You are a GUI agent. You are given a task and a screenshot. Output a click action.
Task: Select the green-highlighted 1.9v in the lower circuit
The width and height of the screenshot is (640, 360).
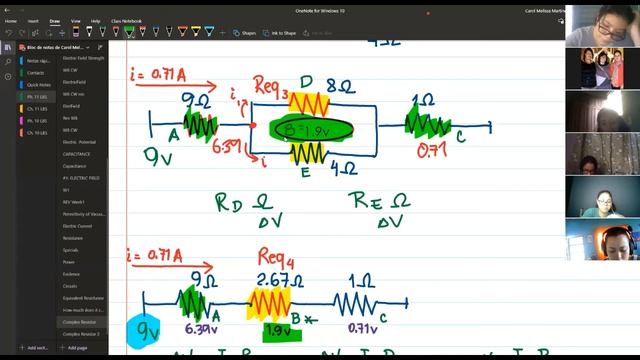[277, 330]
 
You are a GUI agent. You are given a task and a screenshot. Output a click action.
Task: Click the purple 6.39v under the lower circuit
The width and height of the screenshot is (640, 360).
[202, 327]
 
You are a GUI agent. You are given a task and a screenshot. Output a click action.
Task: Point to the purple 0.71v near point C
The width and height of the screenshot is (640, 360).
[362, 327]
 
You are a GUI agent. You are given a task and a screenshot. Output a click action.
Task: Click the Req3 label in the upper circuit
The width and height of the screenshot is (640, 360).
[271, 84]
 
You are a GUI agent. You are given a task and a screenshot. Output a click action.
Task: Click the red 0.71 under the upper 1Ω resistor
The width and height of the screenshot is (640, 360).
[431, 150]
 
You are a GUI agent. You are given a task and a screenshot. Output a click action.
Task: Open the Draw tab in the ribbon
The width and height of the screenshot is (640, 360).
[54, 20]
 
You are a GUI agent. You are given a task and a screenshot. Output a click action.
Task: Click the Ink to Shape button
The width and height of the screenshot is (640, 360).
[281, 33]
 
